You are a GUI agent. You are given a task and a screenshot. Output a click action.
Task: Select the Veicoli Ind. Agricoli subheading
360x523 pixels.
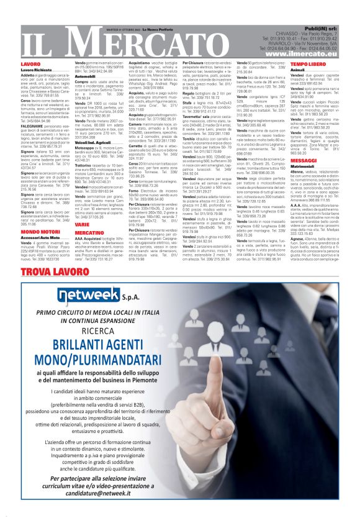tap(94, 142)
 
